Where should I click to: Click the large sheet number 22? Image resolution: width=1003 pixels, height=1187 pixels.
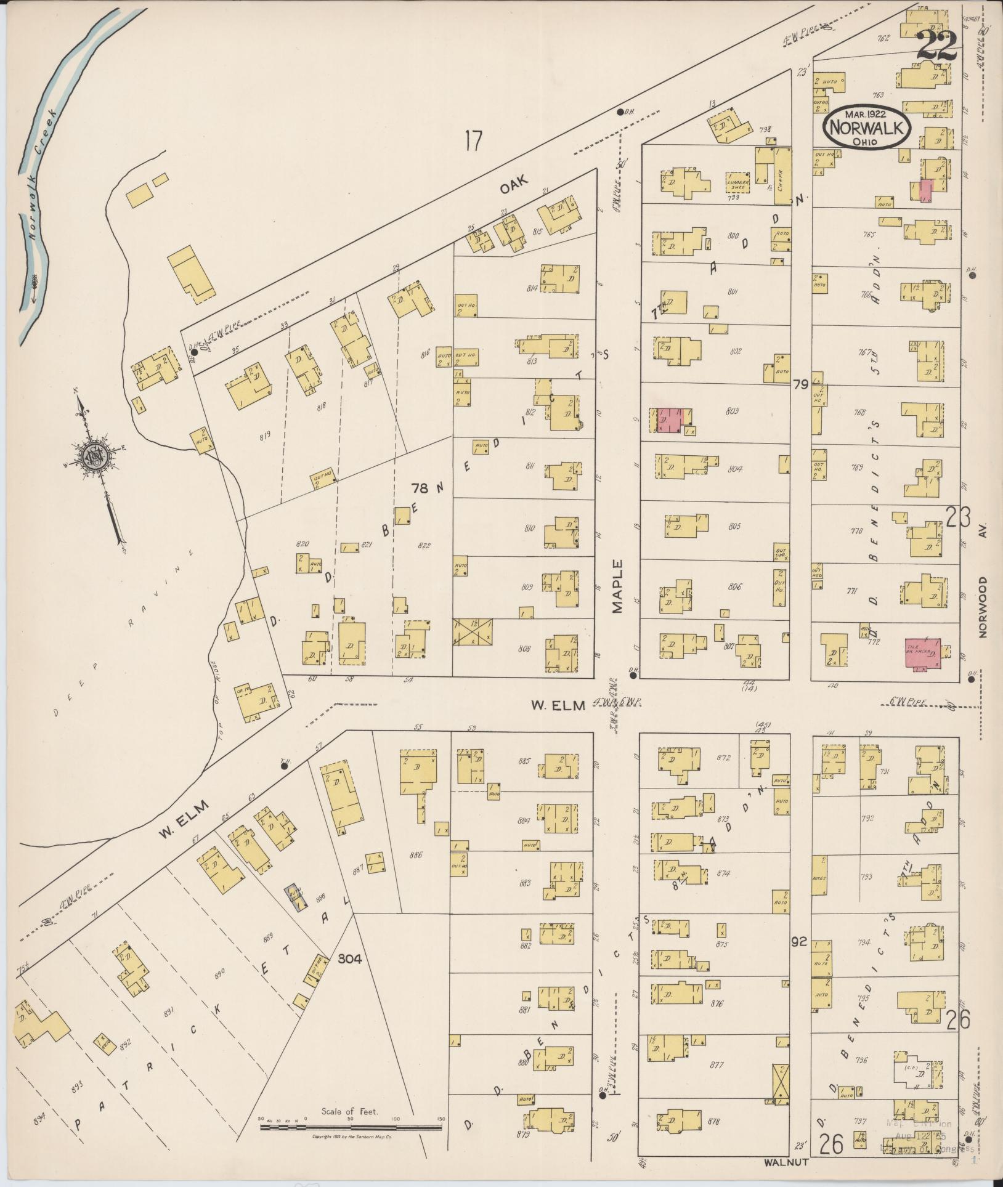[936, 46]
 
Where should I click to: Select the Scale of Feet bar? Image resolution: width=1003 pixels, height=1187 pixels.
[350, 1127]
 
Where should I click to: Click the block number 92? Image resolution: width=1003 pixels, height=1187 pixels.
[800, 942]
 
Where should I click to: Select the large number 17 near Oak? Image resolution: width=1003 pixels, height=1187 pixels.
[473, 142]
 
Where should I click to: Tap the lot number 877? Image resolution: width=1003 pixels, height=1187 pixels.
[716, 1064]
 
